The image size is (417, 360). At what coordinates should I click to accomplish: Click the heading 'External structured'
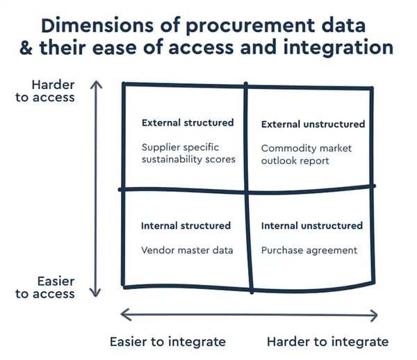(x=188, y=123)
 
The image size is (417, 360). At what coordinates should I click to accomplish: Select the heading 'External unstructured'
(x=313, y=124)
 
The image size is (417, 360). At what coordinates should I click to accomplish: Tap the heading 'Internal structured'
(x=186, y=226)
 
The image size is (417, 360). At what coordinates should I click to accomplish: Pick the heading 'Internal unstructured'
(x=312, y=226)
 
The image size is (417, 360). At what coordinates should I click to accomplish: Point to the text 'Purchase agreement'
(x=309, y=250)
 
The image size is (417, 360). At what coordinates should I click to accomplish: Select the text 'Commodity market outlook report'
(x=306, y=154)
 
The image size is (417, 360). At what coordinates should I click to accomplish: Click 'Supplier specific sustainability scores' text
(x=188, y=153)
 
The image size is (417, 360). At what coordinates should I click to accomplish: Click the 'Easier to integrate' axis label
(x=167, y=341)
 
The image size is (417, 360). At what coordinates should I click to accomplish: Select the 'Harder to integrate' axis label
(x=327, y=341)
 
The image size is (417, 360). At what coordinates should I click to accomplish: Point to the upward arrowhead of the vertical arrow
(x=97, y=83)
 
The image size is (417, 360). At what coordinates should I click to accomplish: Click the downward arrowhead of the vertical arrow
(x=97, y=293)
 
